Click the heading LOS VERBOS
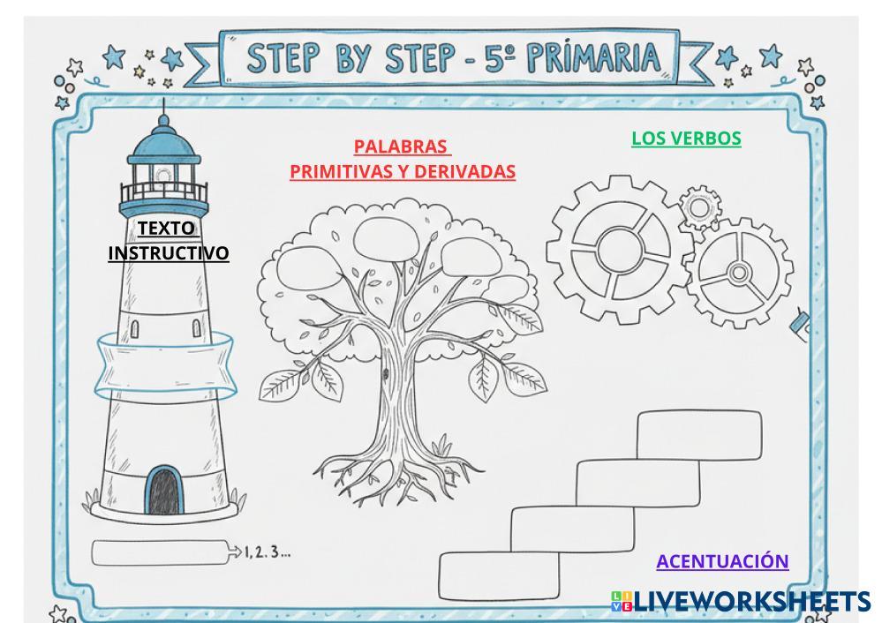[686, 139]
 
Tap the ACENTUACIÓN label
[722, 561]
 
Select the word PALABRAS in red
[401, 146]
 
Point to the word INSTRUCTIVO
[168, 254]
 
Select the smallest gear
[700, 209]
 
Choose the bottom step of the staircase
[501, 575]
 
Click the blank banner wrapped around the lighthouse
[164, 364]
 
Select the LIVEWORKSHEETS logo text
[750, 602]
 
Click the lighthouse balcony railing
[164, 191]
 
